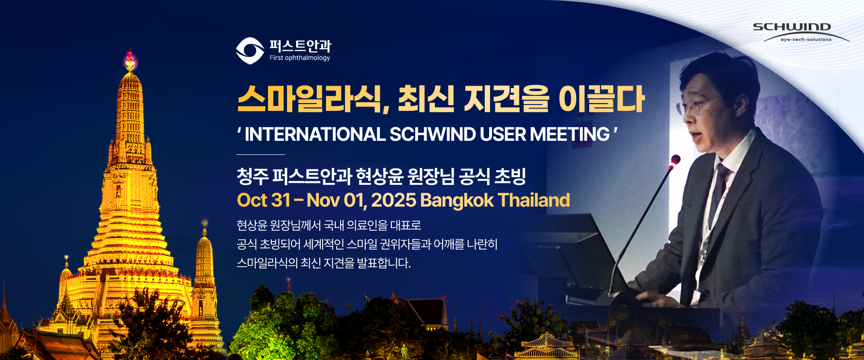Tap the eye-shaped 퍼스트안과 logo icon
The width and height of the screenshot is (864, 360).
250,50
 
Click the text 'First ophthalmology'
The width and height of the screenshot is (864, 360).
300,58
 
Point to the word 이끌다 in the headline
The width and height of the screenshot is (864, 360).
601,99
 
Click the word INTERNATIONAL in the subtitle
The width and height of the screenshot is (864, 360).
314,135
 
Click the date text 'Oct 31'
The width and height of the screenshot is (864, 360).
263,200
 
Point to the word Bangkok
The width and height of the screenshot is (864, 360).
457,200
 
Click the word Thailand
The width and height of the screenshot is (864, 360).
534,200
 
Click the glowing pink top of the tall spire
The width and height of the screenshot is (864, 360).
130,60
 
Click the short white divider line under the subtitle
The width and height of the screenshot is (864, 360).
261,154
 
